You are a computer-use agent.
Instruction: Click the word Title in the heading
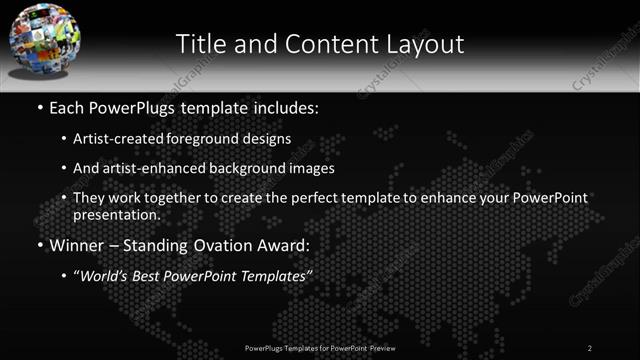pos(201,44)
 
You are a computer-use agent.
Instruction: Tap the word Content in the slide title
pos(321,44)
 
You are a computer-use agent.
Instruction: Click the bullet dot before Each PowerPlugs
pos(39,107)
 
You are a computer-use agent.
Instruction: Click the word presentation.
pos(116,214)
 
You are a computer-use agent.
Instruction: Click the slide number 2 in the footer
pos(590,347)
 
